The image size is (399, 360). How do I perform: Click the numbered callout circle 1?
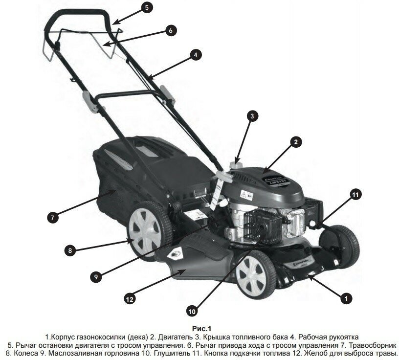pyautogui.click(x=346, y=297)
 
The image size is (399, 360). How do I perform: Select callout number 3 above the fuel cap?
pyautogui.click(x=251, y=116)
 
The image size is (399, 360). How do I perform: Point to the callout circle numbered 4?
pyautogui.click(x=195, y=55)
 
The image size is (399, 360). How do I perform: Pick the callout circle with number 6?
pyautogui.click(x=170, y=30)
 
